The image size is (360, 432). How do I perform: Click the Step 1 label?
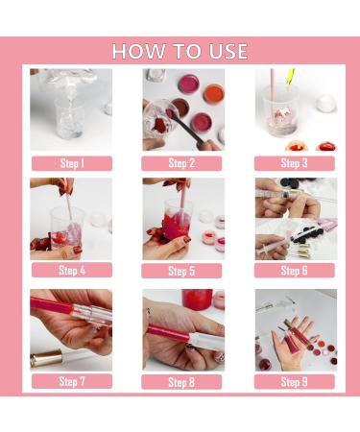pos(71,163)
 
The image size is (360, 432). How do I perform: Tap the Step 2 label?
pos(183,163)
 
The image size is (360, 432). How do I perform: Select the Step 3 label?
pos(295,163)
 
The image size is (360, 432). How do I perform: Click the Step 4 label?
pos(71,271)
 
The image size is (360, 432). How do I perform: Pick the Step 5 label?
pos(183,271)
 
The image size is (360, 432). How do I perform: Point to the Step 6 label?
pos(295,271)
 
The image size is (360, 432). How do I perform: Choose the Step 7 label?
pos(71,381)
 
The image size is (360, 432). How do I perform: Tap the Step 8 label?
pos(183,381)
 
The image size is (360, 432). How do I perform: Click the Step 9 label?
pos(295,381)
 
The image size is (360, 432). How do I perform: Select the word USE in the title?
pos(226,51)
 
